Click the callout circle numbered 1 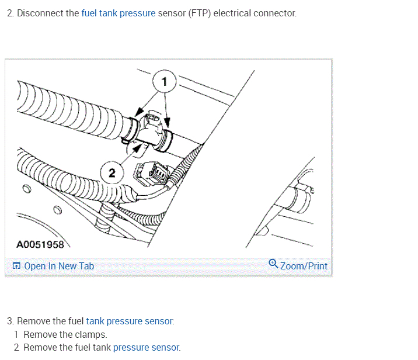pos(165,82)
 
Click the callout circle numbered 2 pos(112,172)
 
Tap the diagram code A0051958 pos(40,244)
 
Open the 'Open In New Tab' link pos(58,266)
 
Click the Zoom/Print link pos(304,266)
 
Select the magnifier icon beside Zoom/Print pos(273,264)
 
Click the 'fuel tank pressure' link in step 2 pos(119,13)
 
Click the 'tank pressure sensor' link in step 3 pos(130,321)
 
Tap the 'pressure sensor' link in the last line pos(146,347)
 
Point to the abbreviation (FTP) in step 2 pos(200,13)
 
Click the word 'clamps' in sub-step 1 pos(92,334)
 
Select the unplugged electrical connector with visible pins pos(156,172)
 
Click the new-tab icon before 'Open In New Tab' pos(16,266)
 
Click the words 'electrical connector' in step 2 pos(255,13)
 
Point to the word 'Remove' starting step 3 pos(32,321)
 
